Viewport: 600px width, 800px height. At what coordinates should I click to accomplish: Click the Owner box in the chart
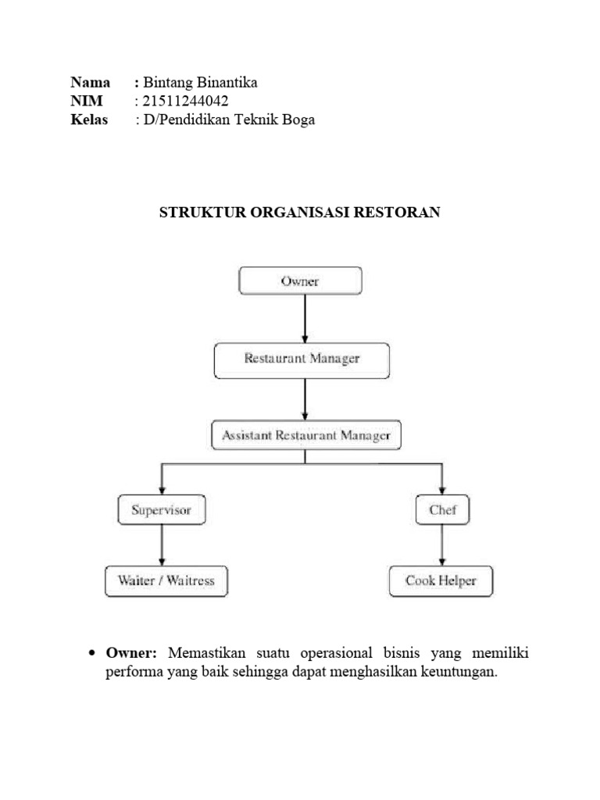point(300,280)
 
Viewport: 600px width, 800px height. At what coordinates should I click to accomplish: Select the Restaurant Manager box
point(302,359)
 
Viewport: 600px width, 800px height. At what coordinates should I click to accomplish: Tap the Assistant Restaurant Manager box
point(306,435)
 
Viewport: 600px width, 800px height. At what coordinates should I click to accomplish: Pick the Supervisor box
point(162,511)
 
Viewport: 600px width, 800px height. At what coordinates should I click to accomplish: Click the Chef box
point(443,511)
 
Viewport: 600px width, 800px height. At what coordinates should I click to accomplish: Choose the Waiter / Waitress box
point(166,581)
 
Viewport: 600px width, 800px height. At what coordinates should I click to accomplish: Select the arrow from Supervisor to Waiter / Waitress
point(162,545)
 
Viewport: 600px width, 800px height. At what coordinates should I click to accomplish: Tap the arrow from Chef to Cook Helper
point(443,545)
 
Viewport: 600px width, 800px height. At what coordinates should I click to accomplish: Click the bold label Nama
point(90,82)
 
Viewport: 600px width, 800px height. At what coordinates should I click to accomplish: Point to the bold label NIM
point(86,101)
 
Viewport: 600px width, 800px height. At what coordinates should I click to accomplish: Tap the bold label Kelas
point(89,120)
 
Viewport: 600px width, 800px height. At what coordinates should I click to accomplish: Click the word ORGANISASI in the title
point(305,212)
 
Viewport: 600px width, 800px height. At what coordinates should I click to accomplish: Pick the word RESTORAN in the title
point(402,212)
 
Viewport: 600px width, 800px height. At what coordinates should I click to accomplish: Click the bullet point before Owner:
point(92,653)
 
